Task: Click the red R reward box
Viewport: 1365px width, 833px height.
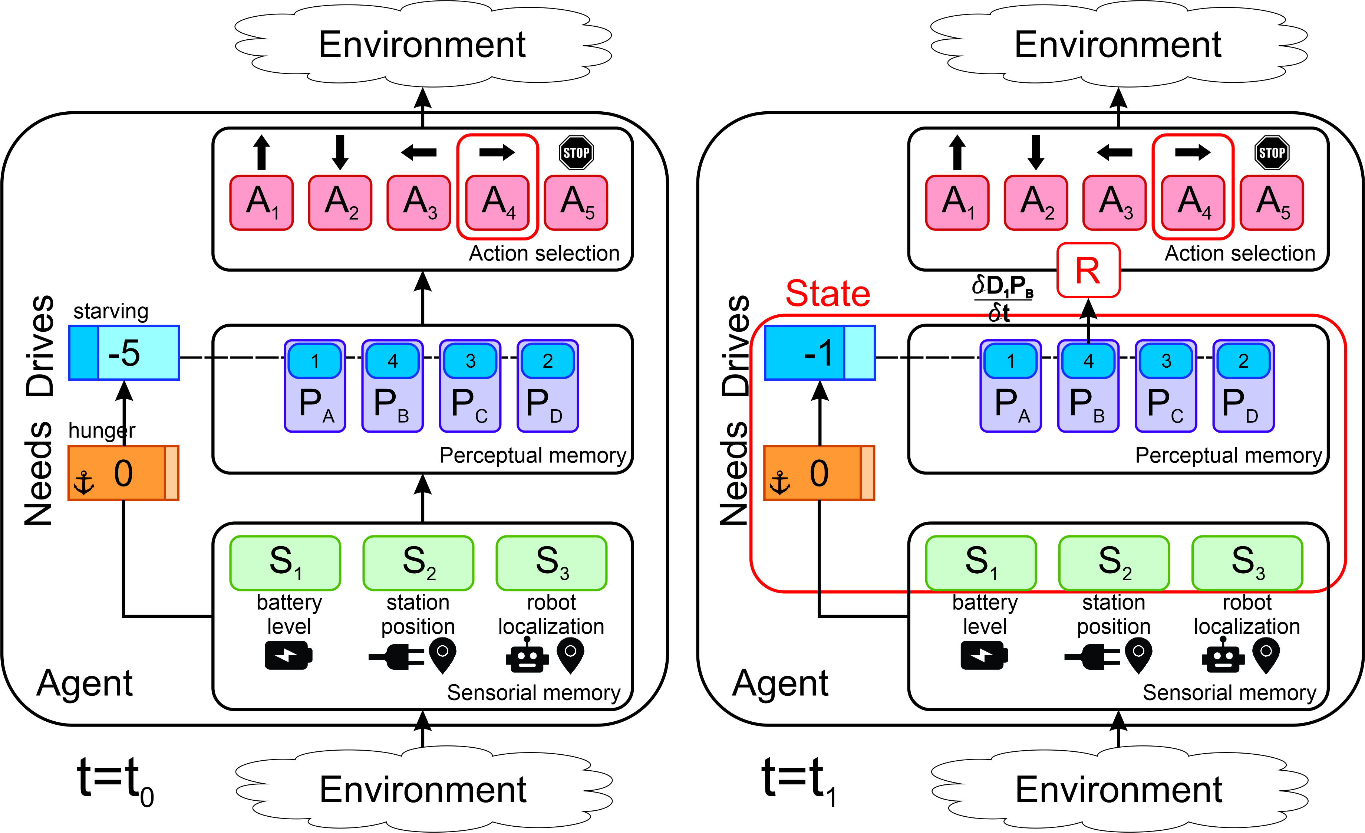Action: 1088,270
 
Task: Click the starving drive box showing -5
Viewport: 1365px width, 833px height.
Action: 124,353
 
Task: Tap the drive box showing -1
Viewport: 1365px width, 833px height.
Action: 819,353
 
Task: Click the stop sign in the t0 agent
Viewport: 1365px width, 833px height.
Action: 576,153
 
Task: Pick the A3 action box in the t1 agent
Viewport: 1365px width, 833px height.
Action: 1114,203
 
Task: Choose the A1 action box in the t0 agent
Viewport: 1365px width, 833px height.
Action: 261,203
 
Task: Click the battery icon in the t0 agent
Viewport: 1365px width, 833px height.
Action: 288,656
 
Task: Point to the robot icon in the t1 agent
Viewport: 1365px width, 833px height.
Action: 1223,655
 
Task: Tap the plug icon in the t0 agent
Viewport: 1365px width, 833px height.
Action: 397,657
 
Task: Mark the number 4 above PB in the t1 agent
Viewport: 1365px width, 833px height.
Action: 1088,361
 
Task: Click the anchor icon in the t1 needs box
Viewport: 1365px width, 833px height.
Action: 779,483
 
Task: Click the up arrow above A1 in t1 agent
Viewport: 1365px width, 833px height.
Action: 957,153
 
